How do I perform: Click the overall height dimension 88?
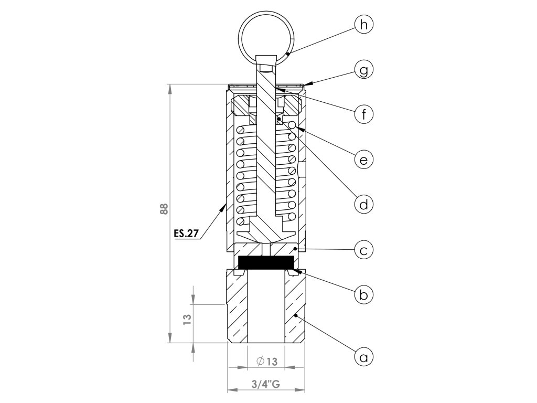point(164,209)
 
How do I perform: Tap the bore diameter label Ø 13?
point(266,362)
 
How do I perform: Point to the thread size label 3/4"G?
point(266,385)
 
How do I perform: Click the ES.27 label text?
point(186,234)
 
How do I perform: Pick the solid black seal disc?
point(266,262)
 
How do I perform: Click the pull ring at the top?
point(266,33)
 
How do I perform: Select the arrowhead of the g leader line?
point(306,83)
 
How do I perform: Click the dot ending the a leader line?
point(296,316)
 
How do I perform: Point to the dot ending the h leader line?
point(288,54)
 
